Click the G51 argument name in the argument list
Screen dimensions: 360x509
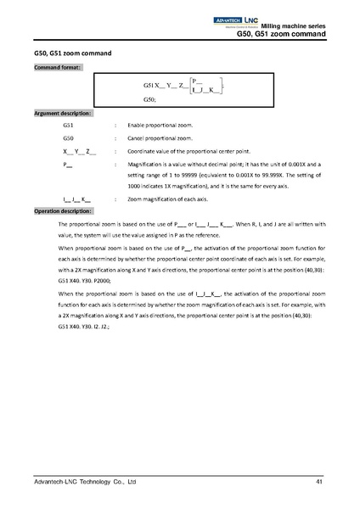(69, 125)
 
